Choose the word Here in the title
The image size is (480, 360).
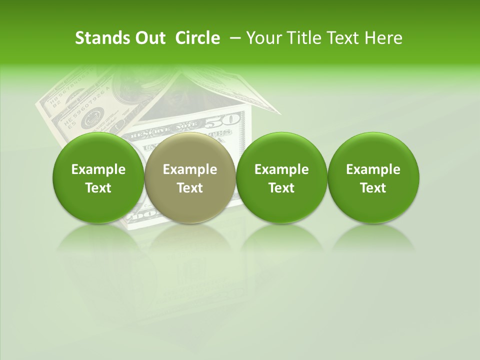click(384, 38)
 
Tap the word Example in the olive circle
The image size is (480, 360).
click(190, 169)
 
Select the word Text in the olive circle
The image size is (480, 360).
click(190, 188)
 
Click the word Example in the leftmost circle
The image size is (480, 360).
click(98, 169)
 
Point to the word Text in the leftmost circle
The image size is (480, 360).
click(98, 188)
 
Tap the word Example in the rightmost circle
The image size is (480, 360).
click(373, 169)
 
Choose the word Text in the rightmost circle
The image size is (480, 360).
click(373, 188)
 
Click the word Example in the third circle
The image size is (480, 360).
click(281, 169)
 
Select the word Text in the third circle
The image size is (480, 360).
click(281, 188)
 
